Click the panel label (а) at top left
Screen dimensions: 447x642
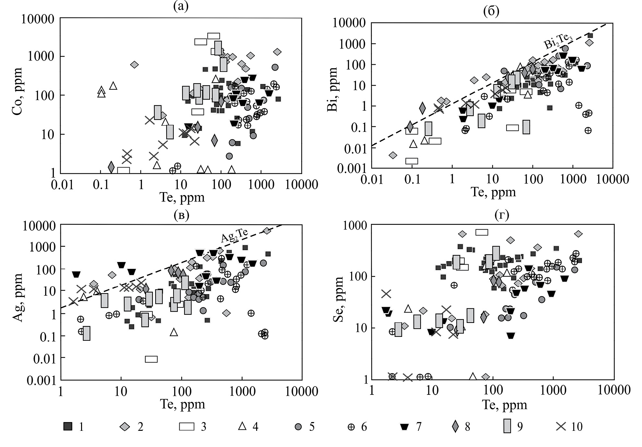(x=181, y=6)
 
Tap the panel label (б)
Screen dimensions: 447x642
(x=491, y=11)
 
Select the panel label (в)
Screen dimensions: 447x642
(x=181, y=215)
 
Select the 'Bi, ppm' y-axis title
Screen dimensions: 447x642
(x=332, y=90)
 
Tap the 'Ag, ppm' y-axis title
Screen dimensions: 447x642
(x=18, y=298)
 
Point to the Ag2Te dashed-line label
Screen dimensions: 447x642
(x=234, y=235)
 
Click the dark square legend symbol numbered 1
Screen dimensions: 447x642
(x=67, y=426)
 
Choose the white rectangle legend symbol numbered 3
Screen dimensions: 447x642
(x=187, y=426)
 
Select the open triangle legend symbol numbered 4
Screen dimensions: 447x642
(x=242, y=426)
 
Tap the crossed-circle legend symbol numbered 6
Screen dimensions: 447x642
(x=351, y=427)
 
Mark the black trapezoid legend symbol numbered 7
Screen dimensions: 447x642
(x=404, y=427)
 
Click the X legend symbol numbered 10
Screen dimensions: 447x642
(x=561, y=426)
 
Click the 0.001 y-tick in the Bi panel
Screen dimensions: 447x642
(x=351, y=168)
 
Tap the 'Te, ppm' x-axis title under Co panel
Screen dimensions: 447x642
(x=182, y=197)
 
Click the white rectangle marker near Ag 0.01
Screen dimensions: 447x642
(x=151, y=359)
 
